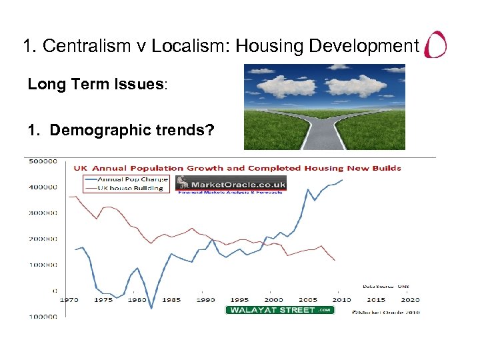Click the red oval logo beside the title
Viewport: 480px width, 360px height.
click(436, 45)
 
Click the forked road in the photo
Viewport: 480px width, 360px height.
click(325, 127)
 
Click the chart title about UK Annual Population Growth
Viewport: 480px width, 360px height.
click(237, 168)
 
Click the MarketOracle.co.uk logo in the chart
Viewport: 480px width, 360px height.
click(231, 185)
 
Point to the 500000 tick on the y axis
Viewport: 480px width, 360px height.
click(41, 161)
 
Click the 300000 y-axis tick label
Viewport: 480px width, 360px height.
click(41, 213)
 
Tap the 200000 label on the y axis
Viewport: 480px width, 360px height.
click(41, 239)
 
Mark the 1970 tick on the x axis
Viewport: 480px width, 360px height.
click(69, 300)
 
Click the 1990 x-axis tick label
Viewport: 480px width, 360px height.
click(206, 300)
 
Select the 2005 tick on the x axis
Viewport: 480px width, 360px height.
click(308, 300)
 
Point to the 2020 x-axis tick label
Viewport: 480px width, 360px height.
click(411, 300)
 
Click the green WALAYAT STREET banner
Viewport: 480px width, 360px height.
click(279, 310)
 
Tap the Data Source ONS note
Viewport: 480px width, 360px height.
click(386, 285)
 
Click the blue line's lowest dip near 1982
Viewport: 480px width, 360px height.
click(151, 308)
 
